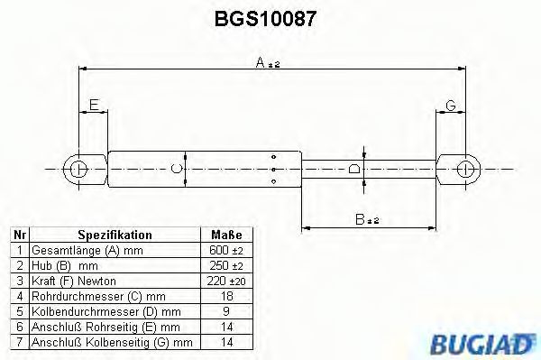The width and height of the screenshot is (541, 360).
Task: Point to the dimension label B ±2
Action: pos(366,219)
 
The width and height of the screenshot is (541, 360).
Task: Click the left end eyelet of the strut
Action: pos(78,168)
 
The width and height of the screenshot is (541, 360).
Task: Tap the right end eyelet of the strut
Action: pos(466,168)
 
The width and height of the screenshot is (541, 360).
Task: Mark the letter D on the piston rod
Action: pos(354,168)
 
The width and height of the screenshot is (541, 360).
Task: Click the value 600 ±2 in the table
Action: pos(225,249)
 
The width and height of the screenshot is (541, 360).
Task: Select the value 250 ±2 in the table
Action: pos(225,266)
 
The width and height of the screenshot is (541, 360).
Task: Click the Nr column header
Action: pos(17,234)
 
